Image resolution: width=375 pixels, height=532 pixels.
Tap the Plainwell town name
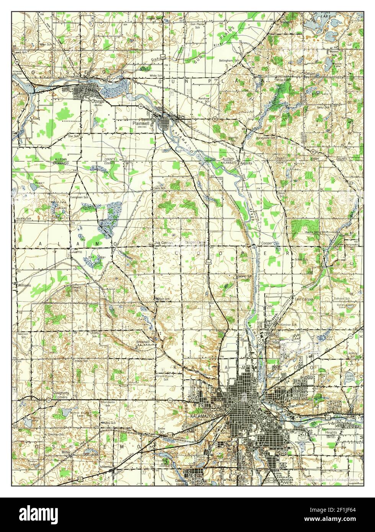pyautogui.click(x=140, y=123)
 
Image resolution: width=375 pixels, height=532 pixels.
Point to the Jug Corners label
pyautogui.click(x=163, y=243)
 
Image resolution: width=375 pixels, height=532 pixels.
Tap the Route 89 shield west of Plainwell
pyautogui.click(x=141, y=106)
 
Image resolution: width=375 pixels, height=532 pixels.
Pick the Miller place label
pyautogui.click(x=65, y=452)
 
